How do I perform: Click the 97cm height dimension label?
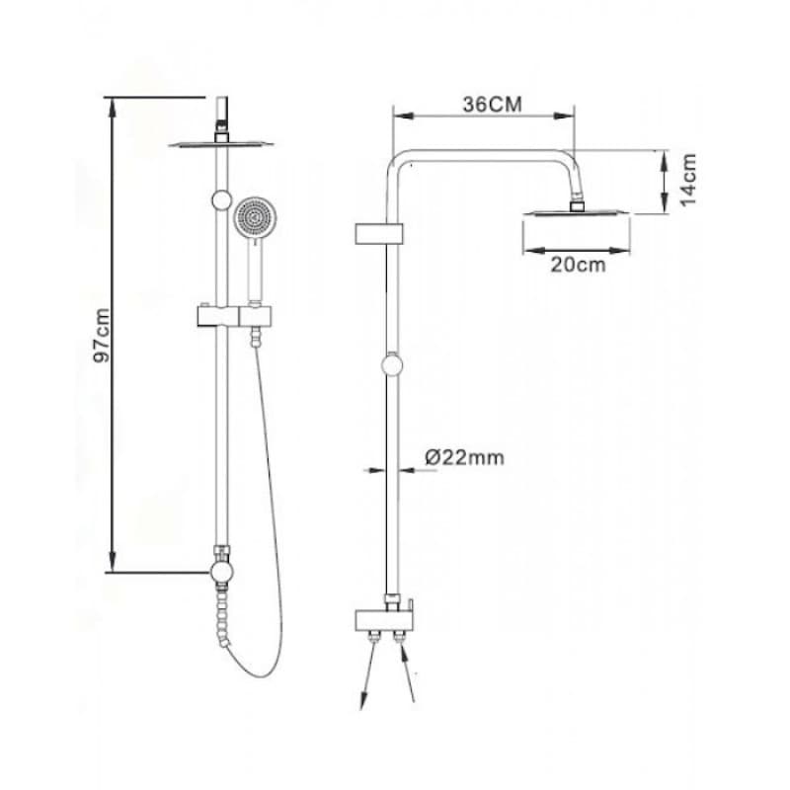pyautogui.click(x=102, y=335)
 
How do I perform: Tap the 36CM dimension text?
pyautogui.click(x=492, y=105)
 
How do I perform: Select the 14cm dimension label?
pyautogui.click(x=688, y=180)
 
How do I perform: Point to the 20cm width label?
pyautogui.click(x=578, y=265)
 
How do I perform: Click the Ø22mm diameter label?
pyautogui.click(x=464, y=457)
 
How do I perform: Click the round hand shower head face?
pyautogui.click(x=256, y=218)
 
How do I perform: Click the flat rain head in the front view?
pyautogui.click(x=221, y=143)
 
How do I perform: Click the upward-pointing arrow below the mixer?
pyautogui.click(x=407, y=671)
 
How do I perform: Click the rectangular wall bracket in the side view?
pyautogui.click(x=379, y=234)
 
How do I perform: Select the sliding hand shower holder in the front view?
pyautogui.click(x=234, y=316)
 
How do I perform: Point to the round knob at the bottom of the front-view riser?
pyautogui.click(x=221, y=572)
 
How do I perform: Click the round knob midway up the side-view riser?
pyautogui.click(x=392, y=364)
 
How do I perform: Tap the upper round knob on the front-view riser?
pyautogui.click(x=221, y=200)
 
